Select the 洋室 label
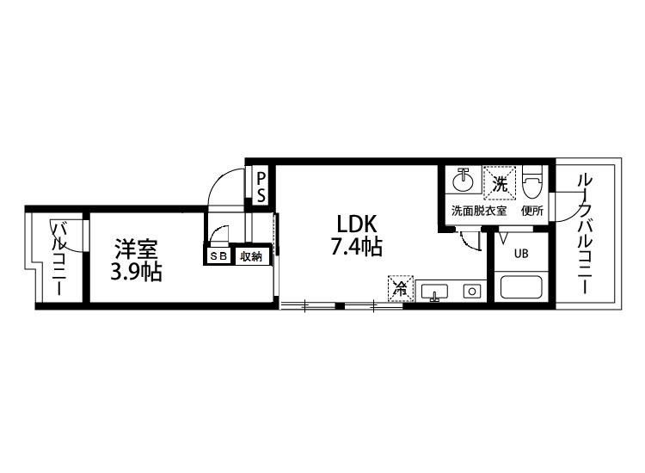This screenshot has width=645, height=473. pyautogui.click(x=136, y=250)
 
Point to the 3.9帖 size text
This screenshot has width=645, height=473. pyautogui.click(x=136, y=273)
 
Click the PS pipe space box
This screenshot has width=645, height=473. pyautogui.click(x=261, y=186)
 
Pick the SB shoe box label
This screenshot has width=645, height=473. pyautogui.click(x=218, y=255)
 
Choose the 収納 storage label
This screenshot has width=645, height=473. pyautogui.click(x=250, y=255)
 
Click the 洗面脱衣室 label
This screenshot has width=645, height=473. pyautogui.click(x=478, y=211)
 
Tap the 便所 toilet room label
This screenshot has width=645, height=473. pyautogui.click(x=531, y=211)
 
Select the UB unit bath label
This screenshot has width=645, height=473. pyautogui.click(x=521, y=254)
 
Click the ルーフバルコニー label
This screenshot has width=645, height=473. pyautogui.click(x=584, y=234)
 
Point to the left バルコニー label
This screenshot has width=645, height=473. pyautogui.click(x=59, y=258)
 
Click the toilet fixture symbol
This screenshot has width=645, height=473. pyautogui.click(x=532, y=180)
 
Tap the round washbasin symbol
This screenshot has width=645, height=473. pyautogui.click(x=464, y=181)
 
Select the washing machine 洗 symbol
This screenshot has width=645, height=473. pyautogui.click(x=500, y=181)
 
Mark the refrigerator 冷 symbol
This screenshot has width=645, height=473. pyautogui.click(x=399, y=288)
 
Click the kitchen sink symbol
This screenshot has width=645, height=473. pyautogui.click(x=437, y=291)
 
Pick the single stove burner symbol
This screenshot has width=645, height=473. pyautogui.click(x=471, y=291)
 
